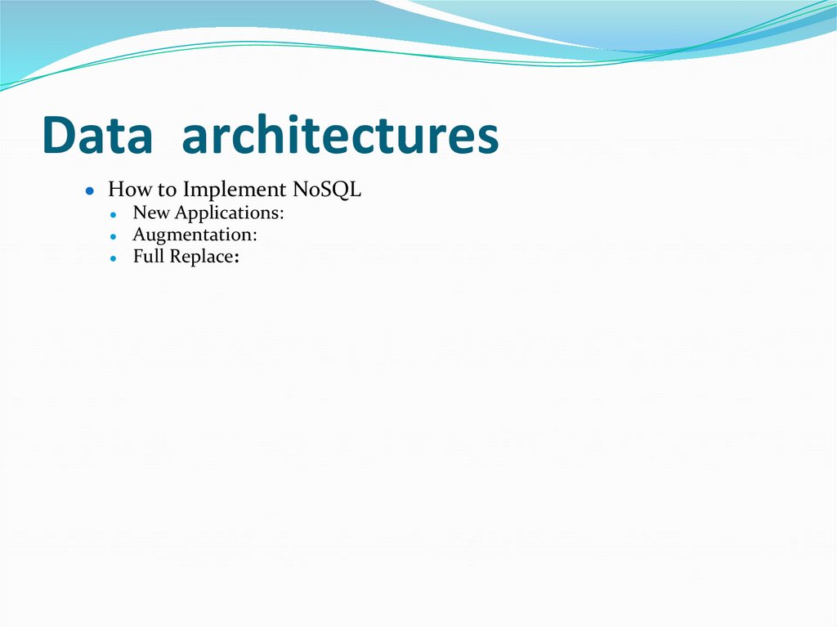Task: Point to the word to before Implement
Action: coord(167,190)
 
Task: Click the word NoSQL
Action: coord(327,190)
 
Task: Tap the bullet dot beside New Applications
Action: coord(114,214)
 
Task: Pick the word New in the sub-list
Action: coord(150,213)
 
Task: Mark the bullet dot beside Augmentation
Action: coord(114,236)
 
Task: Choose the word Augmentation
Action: coord(192,235)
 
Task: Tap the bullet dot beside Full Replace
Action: coord(114,258)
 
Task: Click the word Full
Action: coord(149,256)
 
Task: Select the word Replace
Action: coord(201,257)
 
